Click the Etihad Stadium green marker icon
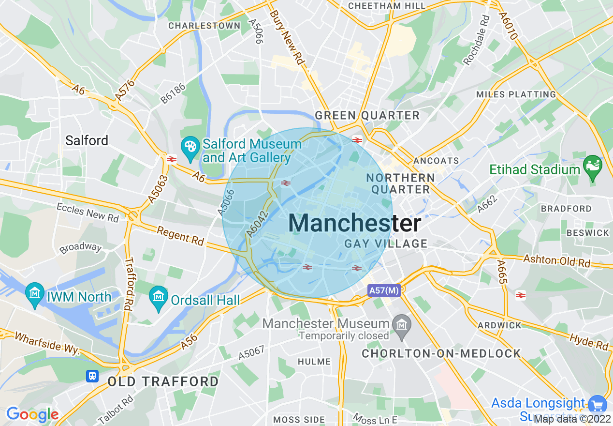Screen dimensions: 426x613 click(x=592, y=165)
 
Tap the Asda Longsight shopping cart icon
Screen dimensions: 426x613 click(x=598, y=404)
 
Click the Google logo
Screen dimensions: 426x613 click(x=32, y=414)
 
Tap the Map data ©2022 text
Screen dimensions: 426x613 click(x=572, y=419)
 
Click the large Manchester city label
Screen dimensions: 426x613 click(x=354, y=224)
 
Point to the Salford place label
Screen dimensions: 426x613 click(x=87, y=141)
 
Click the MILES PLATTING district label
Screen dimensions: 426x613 click(x=516, y=94)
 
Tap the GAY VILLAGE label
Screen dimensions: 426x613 click(x=386, y=243)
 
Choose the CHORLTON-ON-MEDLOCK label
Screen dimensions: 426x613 click(x=441, y=354)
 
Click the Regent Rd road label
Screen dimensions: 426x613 click(x=180, y=236)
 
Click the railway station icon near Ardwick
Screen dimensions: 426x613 click(x=521, y=295)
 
